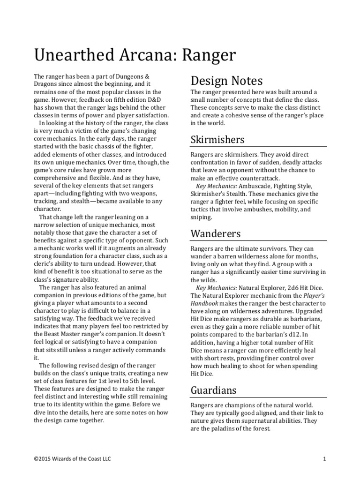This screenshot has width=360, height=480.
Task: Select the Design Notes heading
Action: pos(226,81)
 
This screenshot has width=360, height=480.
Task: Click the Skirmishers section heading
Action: pos(217,139)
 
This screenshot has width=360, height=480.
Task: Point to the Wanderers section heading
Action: pos(216,233)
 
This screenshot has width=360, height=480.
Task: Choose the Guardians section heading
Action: pos(213,390)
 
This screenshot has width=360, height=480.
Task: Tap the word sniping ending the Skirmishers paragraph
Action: pos(202,217)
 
